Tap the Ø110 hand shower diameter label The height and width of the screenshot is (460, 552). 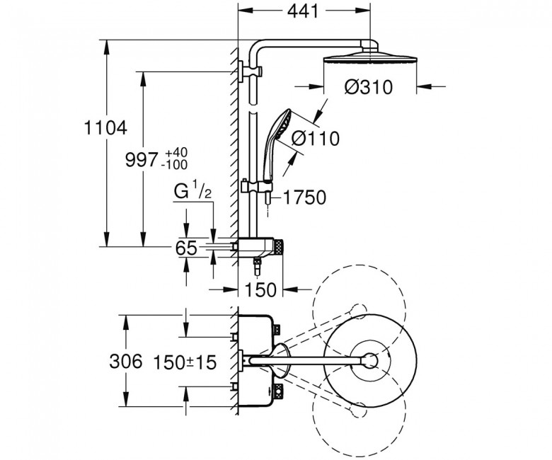click(316, 139)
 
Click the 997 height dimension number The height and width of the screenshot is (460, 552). click(140, 161)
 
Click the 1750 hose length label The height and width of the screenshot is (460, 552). click(304, 198)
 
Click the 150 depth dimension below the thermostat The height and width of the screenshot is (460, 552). click(261, 289)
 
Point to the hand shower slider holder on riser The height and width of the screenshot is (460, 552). click(253, 189)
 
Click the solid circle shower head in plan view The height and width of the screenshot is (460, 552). click(368, 360)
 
